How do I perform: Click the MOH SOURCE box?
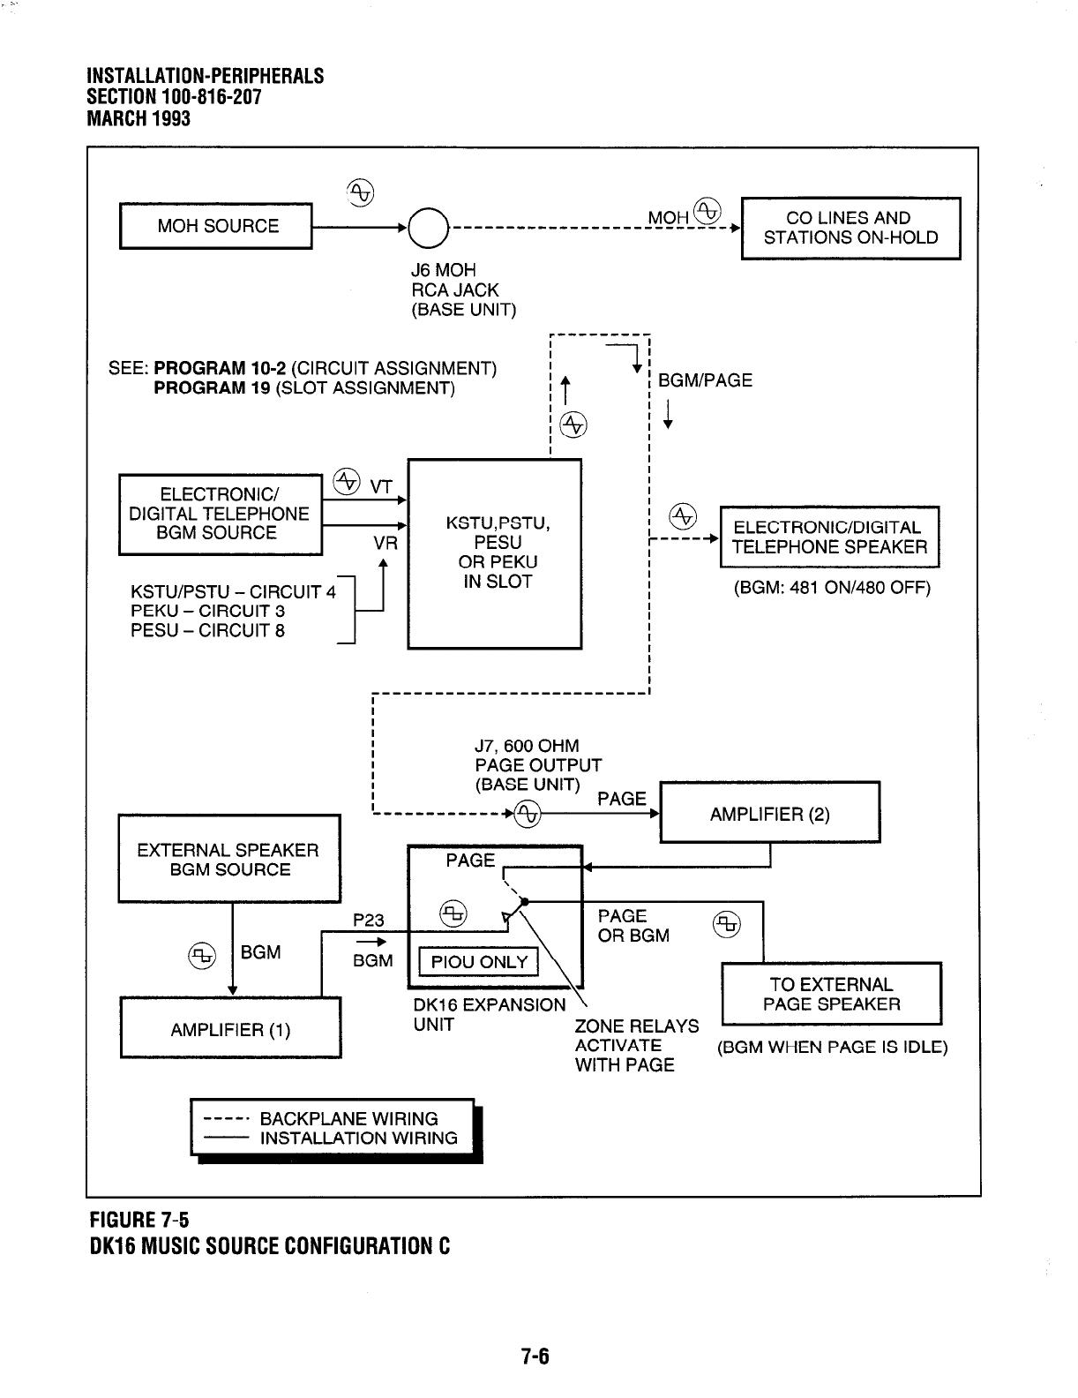tap(216, 226)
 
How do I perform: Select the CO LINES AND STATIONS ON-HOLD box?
tap(850, 228)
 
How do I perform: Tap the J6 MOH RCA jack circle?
tap(428, 228)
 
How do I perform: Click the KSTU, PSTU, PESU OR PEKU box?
tap(494, 553)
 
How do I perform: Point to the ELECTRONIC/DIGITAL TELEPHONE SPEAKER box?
tap(829, 537)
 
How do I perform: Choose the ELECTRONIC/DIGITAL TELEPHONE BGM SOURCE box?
tap(220, 515)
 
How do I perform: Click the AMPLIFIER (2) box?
tap(769, 814)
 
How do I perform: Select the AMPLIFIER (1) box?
tap(230, 1029)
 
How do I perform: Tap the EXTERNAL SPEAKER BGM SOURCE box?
tap(228, 860)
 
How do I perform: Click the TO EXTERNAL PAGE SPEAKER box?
tap(831, 995)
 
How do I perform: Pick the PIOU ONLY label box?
tap(479, 962)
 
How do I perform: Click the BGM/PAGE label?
tap(706, 380)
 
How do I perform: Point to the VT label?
tap(381, 485)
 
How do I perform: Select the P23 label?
tap(368, 921)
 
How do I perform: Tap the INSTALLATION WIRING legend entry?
tap(358, 1139)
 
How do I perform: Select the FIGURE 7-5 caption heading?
tap(137, 1221)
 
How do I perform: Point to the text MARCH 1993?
tap(138, 118)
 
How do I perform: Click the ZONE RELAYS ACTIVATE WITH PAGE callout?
tap(636, 1046)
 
